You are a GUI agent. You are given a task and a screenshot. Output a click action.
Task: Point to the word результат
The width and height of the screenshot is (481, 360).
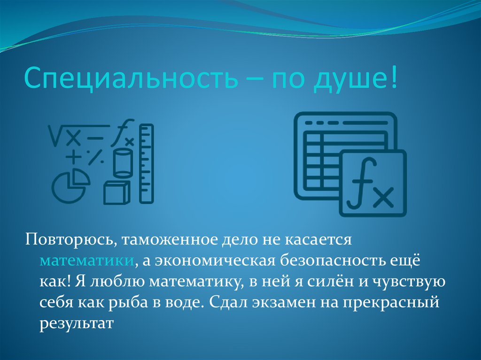click(x=76, y=324)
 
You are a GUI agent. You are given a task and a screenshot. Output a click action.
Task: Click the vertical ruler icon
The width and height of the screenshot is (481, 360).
click(x=147, y=163)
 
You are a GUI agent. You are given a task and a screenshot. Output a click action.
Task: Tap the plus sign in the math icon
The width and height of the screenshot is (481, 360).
click(x=73, y=157)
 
